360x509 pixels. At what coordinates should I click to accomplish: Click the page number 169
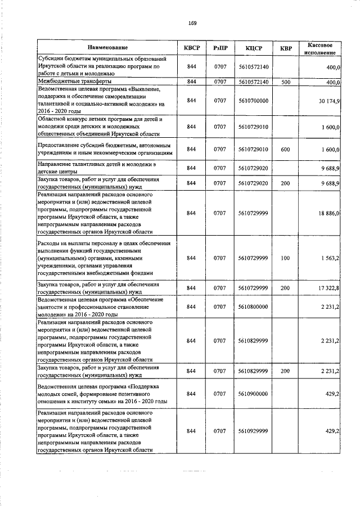click(192, 23)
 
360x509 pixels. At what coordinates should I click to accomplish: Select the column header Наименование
click(107, 48)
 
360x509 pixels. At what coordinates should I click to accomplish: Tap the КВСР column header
click(192, 48)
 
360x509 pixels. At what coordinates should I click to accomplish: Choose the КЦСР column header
click(253, 48)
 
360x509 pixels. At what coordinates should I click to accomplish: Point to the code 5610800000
click(253, 307)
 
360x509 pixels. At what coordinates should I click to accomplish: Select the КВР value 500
click(286, 82)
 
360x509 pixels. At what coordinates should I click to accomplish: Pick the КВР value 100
click(286, 258)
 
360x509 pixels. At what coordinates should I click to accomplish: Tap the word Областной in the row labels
click(53, 119)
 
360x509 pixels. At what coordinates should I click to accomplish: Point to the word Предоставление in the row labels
click(62, 145)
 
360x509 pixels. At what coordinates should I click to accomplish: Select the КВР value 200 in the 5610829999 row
click(286, 371)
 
